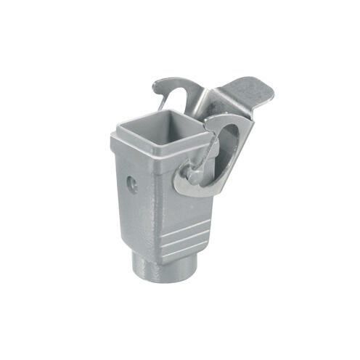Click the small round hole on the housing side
point(132,185)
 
